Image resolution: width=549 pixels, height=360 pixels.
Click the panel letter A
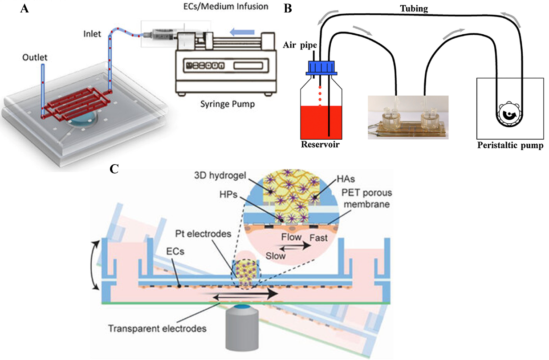pyautogui.click(x=24, y=9)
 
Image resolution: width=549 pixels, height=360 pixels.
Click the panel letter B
pyautogui.click(x=288, y=9)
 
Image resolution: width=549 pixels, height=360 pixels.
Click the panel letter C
pyautogui.click(x=114, y=169)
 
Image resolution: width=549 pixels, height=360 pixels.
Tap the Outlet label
pyautogui.click(x=35, y=57)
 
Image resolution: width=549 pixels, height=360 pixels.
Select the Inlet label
pyautogui.click(x=92, y=34)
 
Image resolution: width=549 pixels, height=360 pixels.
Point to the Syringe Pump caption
pyautogui.click(x=228, y=104)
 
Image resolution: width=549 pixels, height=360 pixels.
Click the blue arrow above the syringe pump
pyautogui.click(x=242, y=32)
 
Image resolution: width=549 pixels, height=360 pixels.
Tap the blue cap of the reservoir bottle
pyautogui.click(x=321, y=68)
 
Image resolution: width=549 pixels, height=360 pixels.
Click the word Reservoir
pyautogui.click(x=320, y=145)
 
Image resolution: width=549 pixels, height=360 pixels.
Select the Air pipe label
pyautogui.click(x=300, y=45)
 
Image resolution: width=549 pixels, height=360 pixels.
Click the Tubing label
pyautogui.click(x=414, y=9)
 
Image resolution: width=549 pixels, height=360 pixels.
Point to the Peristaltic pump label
pyautogui.click(x=510, y=145)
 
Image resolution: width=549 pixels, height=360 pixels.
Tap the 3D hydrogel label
pyautogui.click(x=220, y=175)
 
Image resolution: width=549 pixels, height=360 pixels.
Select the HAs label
pyautogui.click(x=346, y=179)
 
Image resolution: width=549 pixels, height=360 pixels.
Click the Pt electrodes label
pyautogui.click(x=203, y=234)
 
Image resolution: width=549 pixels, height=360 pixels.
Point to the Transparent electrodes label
pyautogui.click(x=157, y=328)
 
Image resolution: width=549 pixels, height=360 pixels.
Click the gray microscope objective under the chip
pyautogui.click(x=242, y=328)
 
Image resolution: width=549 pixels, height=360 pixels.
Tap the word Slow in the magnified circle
pyautogui.click(x=276, y=256)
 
